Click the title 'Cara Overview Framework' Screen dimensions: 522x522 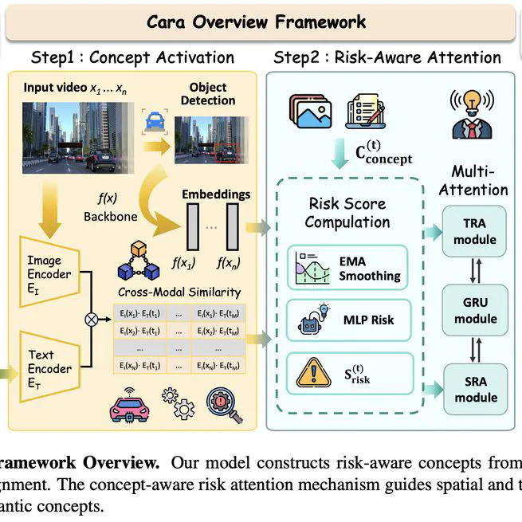(256, 21)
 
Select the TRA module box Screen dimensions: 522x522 (476, 231)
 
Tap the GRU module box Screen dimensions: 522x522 (476, 310)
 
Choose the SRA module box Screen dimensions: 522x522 (476, 389)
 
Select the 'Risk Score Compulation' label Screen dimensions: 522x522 (347, 212)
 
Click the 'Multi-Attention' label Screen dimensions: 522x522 (479, 181)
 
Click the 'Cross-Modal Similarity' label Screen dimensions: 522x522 (179, 292)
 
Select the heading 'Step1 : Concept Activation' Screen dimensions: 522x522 (132, 57)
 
